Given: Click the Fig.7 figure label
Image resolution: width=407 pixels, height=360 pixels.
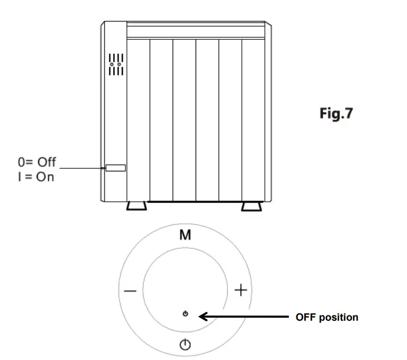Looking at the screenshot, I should [x=336, y=114].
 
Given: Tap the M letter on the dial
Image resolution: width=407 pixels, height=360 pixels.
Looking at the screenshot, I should [x=185, y=236].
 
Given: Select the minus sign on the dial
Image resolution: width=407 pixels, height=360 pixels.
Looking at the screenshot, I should [x=131, y=291].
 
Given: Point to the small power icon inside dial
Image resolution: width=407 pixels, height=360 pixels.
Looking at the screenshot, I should [x=185, y=314].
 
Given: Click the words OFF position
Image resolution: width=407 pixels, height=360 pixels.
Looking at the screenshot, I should [x=327, y=317].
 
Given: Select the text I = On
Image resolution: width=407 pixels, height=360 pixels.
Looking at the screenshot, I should [x=36, y=177].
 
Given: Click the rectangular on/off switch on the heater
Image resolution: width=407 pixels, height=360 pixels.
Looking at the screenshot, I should [x=115, y=168].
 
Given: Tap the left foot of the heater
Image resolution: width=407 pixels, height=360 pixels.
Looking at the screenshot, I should [x=136, y=205].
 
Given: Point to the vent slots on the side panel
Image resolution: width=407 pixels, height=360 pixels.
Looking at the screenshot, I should [x=115, y=64].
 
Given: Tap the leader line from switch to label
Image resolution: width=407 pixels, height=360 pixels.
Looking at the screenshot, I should [x=81, y=168].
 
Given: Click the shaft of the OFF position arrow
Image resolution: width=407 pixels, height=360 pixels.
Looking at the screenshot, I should [x=252, y=317].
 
